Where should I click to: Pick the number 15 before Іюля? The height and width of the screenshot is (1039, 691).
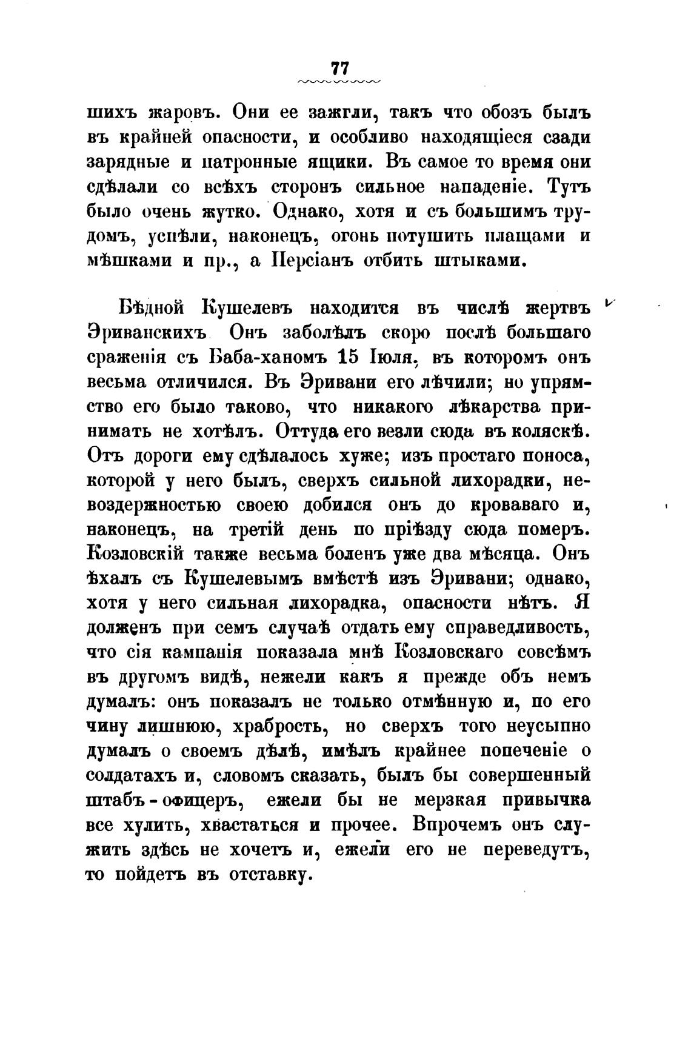(x=350, y=358)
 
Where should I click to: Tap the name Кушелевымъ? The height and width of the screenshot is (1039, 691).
(x=242, y=579)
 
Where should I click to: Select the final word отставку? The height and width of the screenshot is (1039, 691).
(x=269, y=875)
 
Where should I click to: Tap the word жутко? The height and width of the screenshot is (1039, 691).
(x=231, y=212)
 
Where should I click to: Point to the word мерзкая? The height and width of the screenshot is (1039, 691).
(x=450, y=801)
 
